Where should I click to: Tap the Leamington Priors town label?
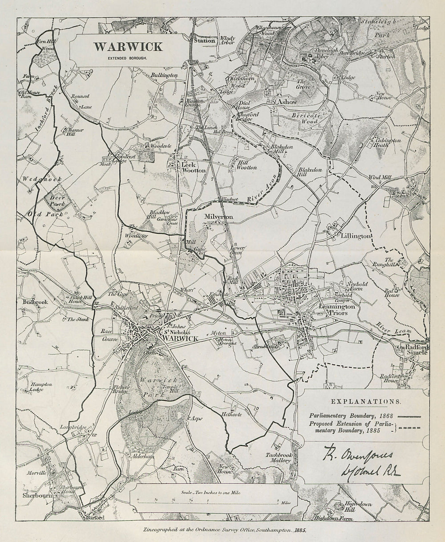tap(337, 310)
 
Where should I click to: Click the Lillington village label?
tap(354, 236)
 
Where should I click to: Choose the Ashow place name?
tap(287, 102)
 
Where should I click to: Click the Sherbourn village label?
tap(37, 495)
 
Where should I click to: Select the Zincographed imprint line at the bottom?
tap(224, 531)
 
